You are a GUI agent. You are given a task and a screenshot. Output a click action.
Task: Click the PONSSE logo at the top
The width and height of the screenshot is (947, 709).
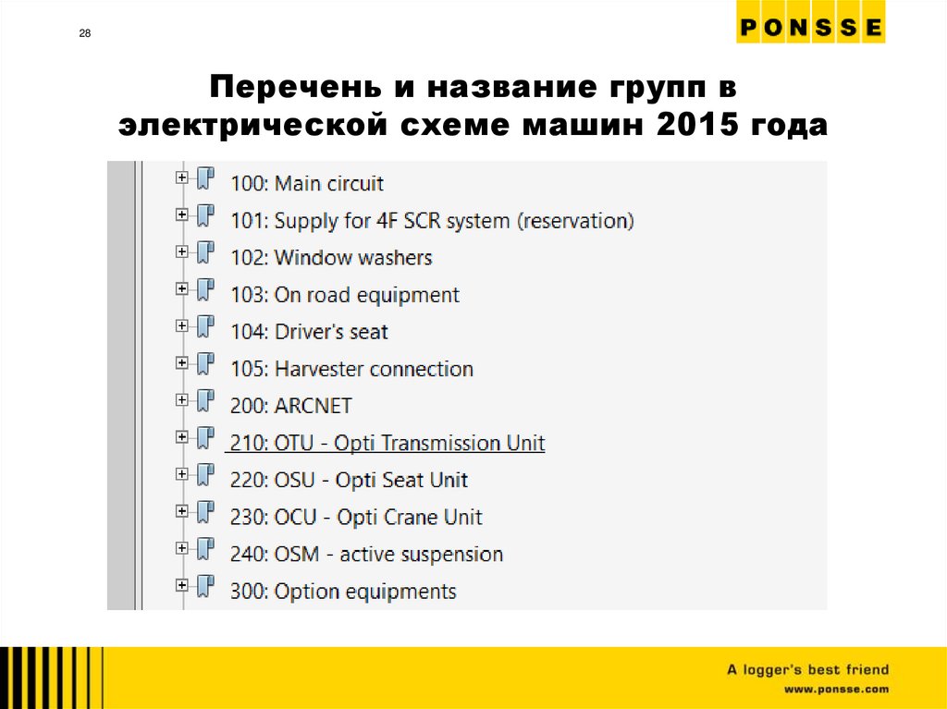tap(810, 28)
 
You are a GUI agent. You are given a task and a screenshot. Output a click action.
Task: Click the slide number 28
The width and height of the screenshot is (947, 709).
tap(85, 34)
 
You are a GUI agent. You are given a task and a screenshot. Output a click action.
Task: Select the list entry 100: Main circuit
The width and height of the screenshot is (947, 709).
tap(307, 184)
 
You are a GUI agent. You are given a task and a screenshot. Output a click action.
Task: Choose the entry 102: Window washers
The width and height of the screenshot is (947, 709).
tap(331, 258)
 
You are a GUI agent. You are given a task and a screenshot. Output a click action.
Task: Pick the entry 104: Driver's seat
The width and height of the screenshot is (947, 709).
tap(309, 332)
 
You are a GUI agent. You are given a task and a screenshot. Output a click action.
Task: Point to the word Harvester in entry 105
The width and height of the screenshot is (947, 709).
tap(320, 369)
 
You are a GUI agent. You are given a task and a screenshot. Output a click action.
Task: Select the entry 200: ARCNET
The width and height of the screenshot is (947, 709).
tap(290, 406)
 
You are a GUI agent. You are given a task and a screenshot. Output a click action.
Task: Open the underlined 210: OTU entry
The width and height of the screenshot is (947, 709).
tap(387, 444)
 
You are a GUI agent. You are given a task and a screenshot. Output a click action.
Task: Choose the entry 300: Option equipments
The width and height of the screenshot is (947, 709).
tap(343, 592)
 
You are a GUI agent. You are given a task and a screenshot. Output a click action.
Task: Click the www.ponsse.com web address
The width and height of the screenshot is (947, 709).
tap(836, 690)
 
